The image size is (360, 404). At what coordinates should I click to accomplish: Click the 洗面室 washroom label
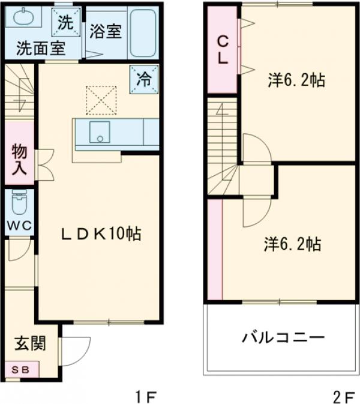(x=32, y=48)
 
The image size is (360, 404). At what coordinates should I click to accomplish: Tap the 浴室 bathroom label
(x=106, y=32)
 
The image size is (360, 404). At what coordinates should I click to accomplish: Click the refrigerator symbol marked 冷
(x=144, y=78)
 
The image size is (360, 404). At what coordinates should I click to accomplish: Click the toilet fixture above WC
(x=19, y=204)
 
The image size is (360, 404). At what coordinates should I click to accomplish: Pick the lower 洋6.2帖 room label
(x=292, y=244)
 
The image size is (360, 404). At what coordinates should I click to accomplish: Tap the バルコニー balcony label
(x=284, y=337)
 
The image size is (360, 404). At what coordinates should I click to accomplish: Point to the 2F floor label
(x=344, y=396)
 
